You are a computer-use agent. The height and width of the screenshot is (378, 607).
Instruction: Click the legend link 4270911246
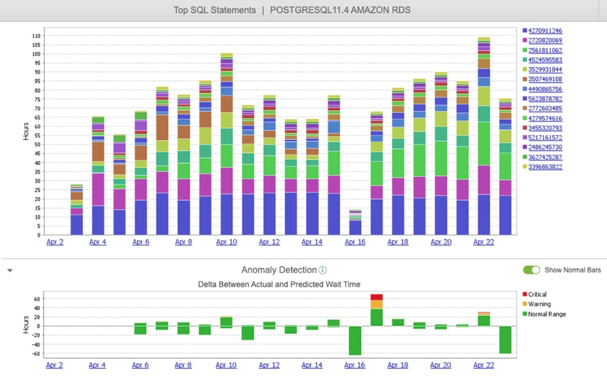click(545, 31)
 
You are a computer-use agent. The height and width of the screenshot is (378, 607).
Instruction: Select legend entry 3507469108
click(545, 80)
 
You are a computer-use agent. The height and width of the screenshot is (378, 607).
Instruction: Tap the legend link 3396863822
click(545, 167)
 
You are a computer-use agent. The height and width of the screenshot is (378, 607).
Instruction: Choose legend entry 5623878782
click(545, 99)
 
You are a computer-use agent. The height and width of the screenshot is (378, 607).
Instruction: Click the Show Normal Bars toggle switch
click(531, 270)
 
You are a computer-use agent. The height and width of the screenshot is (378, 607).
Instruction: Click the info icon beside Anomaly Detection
click(323, 271)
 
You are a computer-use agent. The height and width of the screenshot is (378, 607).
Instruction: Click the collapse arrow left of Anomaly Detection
click(10, 271)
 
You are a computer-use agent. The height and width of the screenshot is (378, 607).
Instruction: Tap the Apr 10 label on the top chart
click(226, 242)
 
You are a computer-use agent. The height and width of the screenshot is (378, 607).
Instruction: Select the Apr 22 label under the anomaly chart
click(484, 365)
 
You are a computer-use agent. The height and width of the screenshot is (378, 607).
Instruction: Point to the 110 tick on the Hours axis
click(36, 36)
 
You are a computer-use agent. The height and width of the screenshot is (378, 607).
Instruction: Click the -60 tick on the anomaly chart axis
click(36, 354)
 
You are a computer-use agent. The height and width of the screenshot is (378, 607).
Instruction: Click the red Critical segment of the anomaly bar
click(376, 297)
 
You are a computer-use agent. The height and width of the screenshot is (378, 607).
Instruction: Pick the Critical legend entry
click(537, 294)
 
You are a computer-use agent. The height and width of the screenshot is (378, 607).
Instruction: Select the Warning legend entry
click(539, 304)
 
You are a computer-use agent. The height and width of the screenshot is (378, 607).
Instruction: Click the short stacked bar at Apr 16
click(355, 222)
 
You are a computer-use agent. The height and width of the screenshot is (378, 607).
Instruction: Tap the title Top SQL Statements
click(215, 10)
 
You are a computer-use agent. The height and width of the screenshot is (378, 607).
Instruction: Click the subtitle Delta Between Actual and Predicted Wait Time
click(279, 284)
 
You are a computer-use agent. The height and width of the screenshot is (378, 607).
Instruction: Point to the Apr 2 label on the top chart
click(54, 242)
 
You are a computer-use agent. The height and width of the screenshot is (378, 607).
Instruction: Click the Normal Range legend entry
click(546, 314)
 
